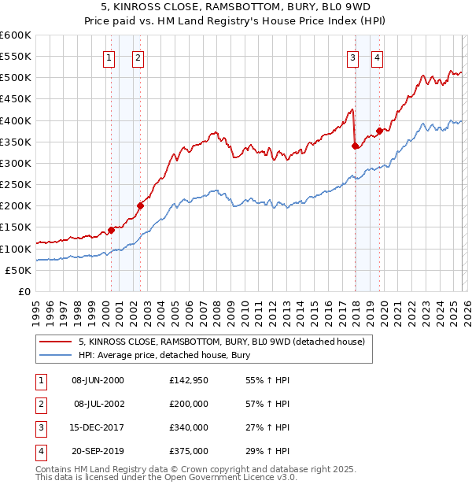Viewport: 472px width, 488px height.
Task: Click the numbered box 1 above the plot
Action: click(109, 57)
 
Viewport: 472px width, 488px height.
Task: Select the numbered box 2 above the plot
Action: click(138, 57)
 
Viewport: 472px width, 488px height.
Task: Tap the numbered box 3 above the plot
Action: click(353, 57)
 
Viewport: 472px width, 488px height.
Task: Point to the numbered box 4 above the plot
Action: click(378, 57)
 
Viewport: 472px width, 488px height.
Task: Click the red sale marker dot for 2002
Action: click(140, 206)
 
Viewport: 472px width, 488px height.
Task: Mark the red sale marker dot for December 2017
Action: click(355, 146)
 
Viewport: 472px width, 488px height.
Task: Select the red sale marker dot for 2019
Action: click(379, 131)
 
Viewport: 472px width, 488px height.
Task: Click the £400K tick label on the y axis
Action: click(16, 120)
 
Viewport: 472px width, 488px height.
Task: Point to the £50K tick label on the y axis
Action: click(18, 270)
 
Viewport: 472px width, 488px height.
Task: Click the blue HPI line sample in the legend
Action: click(55, 356)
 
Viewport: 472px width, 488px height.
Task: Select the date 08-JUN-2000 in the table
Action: click(98, 380)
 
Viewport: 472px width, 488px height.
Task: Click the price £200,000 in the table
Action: click(189, 404)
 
